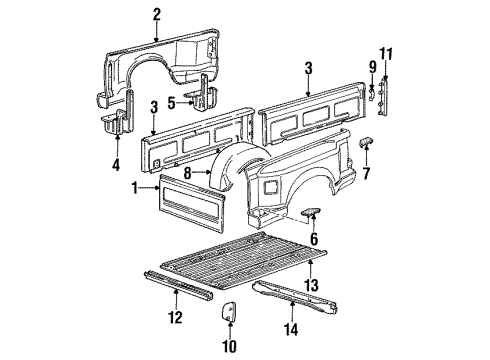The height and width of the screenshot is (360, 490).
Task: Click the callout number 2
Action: [157, 15]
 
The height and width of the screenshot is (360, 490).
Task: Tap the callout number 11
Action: [386, 54]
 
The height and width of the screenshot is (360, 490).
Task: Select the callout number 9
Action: [372, 67]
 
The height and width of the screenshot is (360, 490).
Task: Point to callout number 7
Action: [366, 173]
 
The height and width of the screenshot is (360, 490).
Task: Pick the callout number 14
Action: [291, 329]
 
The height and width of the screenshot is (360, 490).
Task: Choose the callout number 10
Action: [229, 346]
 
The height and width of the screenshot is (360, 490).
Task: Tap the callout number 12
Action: [175, 317]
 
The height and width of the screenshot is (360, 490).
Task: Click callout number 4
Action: [116, 165]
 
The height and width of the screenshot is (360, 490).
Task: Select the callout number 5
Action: [171, 103]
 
